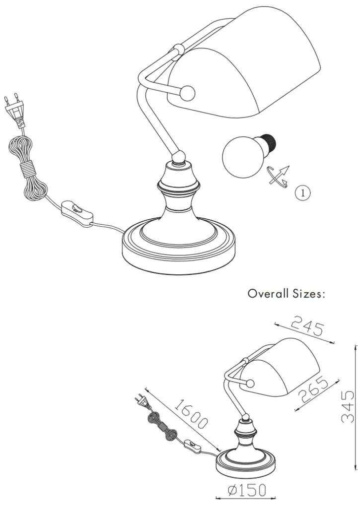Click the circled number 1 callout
click(303, 192)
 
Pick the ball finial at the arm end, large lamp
click(188, 93)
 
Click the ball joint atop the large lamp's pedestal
click(179, 157)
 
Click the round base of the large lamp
click(179, 251)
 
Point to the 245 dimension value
click(307, 327)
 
